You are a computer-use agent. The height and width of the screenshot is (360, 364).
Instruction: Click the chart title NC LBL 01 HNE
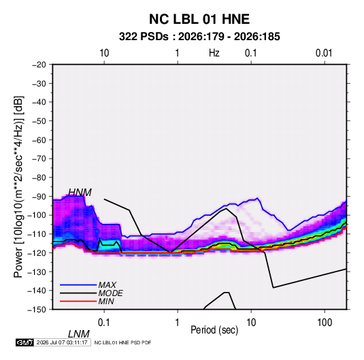click(199, 19)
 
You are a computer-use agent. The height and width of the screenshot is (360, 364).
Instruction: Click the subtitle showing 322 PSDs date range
click(199, 37)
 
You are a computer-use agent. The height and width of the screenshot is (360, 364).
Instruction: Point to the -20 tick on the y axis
click(39, 65)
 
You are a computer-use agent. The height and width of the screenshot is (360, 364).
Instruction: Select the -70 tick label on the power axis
click(39, 159)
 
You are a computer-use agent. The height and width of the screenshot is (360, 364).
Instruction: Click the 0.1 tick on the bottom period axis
click(103, 323)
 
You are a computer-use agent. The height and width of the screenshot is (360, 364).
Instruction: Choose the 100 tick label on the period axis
click(325, 323)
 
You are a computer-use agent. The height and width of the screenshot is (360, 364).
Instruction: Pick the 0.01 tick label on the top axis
click(324, 53)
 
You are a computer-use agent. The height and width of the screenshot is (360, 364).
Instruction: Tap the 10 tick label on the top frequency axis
click(104, 53)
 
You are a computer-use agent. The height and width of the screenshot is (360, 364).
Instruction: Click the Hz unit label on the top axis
click(214, 53)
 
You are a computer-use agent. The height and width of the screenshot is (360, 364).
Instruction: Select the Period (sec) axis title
click(214, 330)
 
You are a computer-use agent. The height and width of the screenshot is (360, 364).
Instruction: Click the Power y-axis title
click(18, 186)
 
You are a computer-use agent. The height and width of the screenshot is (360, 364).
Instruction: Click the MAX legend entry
click(107, 285)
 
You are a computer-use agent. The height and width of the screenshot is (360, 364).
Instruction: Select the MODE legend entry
click(110, 293)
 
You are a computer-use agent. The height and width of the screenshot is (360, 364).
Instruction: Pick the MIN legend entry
click(106, 301)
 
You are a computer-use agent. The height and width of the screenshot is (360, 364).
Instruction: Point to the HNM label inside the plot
click(80, 193)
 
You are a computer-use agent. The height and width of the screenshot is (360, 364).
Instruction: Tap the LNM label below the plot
click(79, 334)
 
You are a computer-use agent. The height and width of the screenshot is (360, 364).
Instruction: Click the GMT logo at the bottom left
click(25, 342)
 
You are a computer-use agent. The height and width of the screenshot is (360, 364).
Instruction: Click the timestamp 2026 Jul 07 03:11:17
click(62, 342)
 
